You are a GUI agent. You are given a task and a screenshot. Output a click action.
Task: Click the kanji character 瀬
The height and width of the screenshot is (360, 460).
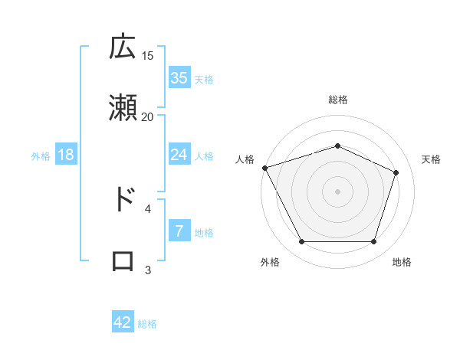pyautogui.click(x=123, y=108)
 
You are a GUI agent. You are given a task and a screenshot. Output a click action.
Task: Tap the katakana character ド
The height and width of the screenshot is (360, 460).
pyautogui.click(x=123, y=199)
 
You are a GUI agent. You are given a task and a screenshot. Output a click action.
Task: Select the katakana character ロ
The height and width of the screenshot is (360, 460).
pyautogui.click(x=123, y=261)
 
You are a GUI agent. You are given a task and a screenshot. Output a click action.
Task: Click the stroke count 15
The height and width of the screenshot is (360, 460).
pyautogui.click(x=148, y=55)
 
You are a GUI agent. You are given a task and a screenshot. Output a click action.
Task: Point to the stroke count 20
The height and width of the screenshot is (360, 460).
pyautogui.click(x=148, y=116)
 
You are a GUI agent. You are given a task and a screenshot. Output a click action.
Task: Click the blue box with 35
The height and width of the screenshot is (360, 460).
pyautogui.click(x=179, y=78)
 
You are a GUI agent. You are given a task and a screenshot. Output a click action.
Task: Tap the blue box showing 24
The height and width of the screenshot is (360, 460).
pyautogui.click(x=179, y=155)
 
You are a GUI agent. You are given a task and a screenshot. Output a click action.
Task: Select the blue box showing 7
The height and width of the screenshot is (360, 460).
pyautogui.click(x=179, y=231)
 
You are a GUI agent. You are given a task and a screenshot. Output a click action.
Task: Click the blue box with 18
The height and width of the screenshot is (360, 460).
pyautogui.click(x=66, y=155)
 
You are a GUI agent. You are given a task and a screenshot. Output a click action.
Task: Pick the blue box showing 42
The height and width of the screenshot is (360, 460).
pyautogui.click(x=123, y=322)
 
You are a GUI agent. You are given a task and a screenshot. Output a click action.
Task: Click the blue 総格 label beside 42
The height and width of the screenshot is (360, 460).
pyautogui.click(x=147, y=324)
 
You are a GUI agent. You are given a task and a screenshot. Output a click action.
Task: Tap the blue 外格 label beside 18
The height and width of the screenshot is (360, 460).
pyautogui.click(x=41, y=156)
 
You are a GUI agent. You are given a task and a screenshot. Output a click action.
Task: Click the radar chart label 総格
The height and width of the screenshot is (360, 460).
pyautogui.click(x=338, y=100)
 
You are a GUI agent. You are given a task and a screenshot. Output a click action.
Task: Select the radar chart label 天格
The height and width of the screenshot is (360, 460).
pyautogui.click(x=431, y=159)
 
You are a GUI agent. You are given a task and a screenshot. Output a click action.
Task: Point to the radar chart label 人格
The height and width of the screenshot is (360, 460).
pyautogui.click(x=245, y=159)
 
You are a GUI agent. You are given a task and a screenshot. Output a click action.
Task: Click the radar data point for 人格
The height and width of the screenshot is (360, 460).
pyautogui.click(x=264, y=168)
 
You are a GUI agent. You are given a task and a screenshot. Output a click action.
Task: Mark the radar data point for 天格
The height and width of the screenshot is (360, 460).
pyautogui.click(x=396, y=172)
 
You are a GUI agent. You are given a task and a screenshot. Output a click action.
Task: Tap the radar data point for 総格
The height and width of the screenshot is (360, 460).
pyautogui.click(x=337, y=146)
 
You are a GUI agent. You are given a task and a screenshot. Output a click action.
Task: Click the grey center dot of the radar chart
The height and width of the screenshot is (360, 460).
pyautogui.click(x=337, y=191)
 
